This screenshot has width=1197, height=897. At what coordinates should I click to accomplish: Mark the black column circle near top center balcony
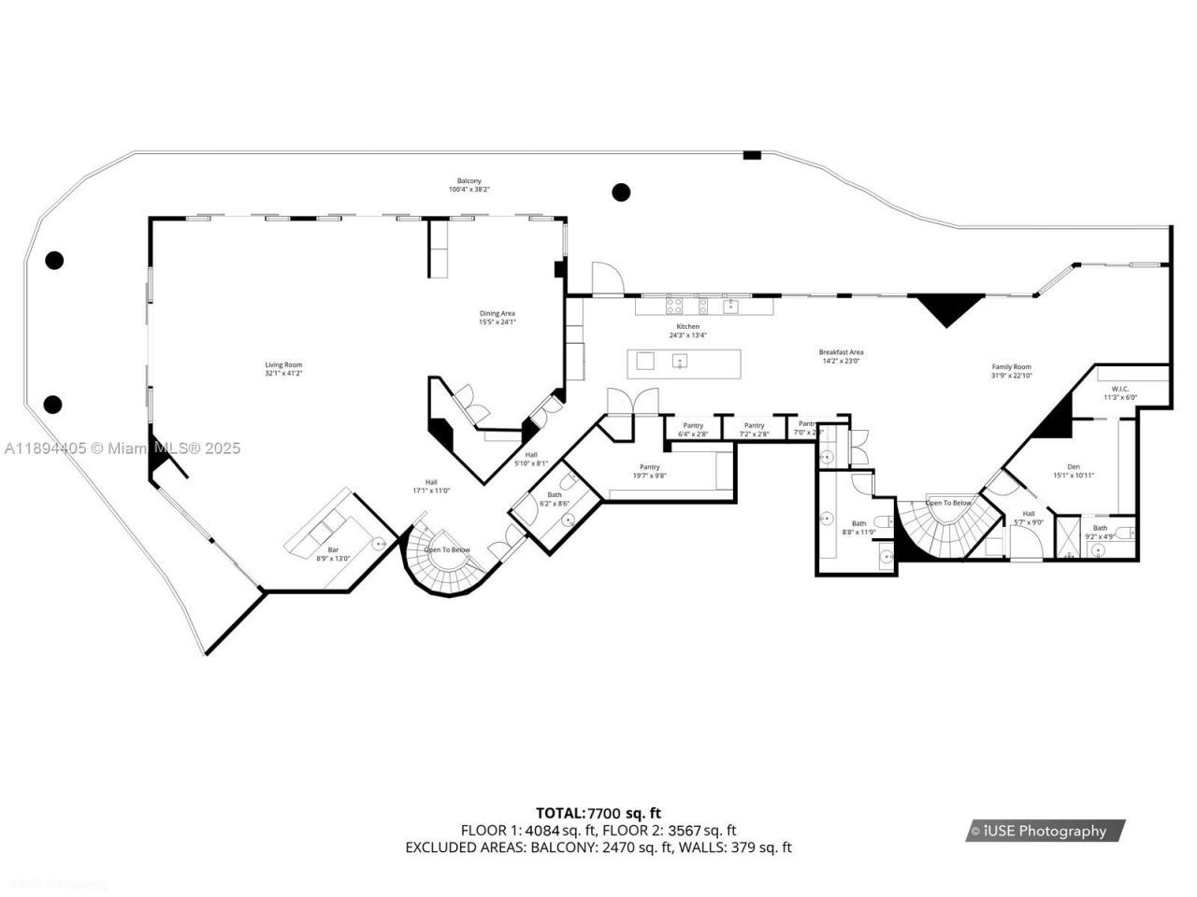621,192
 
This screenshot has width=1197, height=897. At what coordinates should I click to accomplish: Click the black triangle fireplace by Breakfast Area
948,307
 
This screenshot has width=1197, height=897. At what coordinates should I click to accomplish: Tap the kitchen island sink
680,360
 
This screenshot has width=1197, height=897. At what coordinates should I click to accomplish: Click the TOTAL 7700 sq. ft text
598,813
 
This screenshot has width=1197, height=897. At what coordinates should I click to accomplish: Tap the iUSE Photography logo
1045,831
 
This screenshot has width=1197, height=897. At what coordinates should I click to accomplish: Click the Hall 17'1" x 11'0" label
431,487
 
